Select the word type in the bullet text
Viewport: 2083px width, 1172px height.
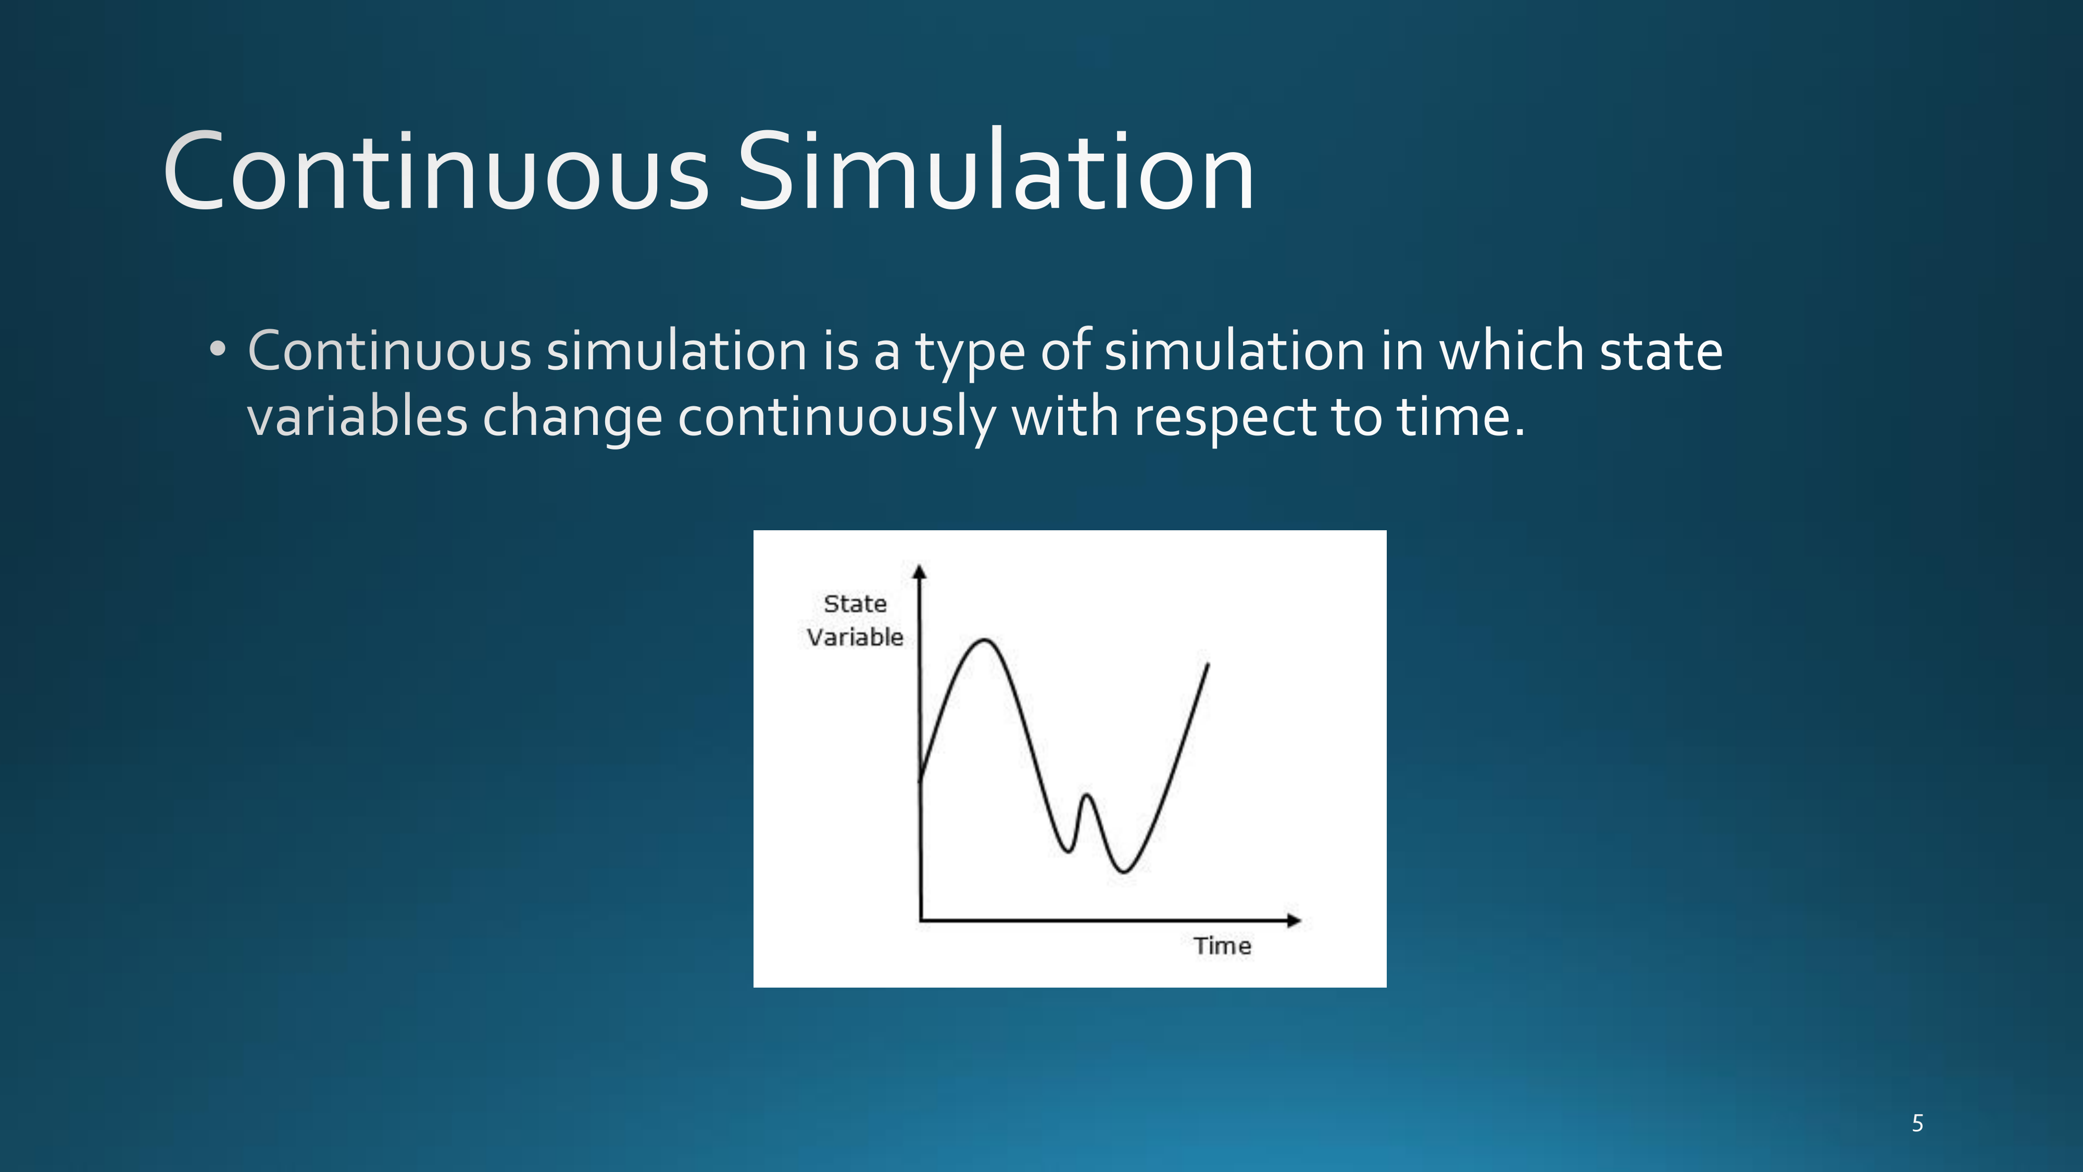click(970, 354)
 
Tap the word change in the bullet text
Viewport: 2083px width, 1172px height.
click(572, 419)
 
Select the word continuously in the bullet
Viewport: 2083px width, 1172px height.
click(837, 419)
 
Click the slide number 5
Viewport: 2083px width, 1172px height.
click(1917, 1123)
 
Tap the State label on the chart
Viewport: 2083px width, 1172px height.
click(855, 603)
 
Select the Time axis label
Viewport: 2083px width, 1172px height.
click(1222, 945)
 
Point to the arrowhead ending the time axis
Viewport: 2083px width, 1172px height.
click(1294, 920)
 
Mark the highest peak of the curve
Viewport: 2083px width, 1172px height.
click(985, 641)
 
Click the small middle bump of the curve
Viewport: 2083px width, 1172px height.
click(1087, 797)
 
